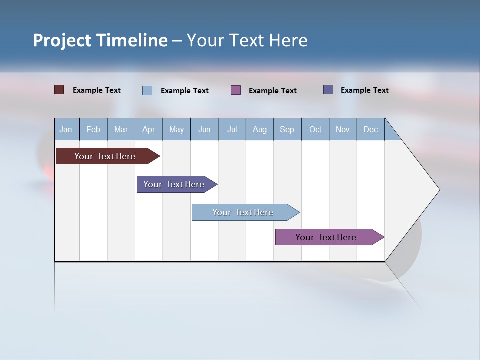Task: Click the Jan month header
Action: (66, 129)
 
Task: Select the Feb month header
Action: (93, 129)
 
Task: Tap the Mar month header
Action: (121, 129)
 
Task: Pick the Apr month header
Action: (149, 129)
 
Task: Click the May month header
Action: (176, 129)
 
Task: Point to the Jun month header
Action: (204, 129)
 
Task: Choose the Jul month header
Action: (232, 129)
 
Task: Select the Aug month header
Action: (260, 129)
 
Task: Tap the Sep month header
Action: (287, 129)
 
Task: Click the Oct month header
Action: (315, 129)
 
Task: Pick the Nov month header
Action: (343, 129)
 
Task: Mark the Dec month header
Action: (371, 129)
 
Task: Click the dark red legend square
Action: (59, 90)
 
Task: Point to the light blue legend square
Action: (147, 90)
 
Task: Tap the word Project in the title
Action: (62, 40)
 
